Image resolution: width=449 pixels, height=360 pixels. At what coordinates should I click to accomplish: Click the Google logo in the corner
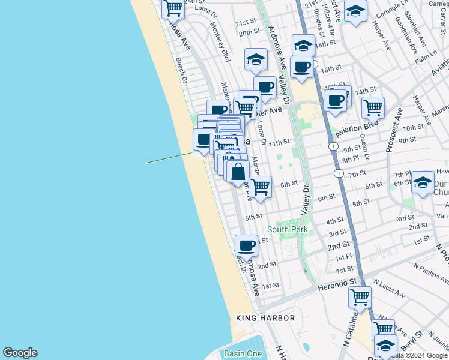point(20,353)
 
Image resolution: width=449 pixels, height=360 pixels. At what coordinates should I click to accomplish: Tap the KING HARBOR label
point(265,317)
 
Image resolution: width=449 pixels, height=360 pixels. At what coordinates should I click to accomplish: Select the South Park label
point(288,229)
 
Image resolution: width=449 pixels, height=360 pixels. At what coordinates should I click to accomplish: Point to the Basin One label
point(243,353)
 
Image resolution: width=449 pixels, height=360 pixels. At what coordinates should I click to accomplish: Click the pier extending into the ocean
point(169,158)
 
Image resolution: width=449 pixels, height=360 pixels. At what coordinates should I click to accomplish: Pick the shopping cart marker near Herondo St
point(359,296)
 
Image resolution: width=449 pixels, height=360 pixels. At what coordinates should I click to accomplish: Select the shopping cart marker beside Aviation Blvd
point(373,107)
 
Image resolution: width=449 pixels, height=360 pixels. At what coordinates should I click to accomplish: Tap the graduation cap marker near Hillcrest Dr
point(355,11)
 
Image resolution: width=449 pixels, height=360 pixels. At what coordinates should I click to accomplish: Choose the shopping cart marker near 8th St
point(261,186)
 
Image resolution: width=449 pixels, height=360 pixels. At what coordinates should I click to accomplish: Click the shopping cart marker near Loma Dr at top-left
point(173,8)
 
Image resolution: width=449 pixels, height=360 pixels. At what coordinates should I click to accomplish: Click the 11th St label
point(279,143)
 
